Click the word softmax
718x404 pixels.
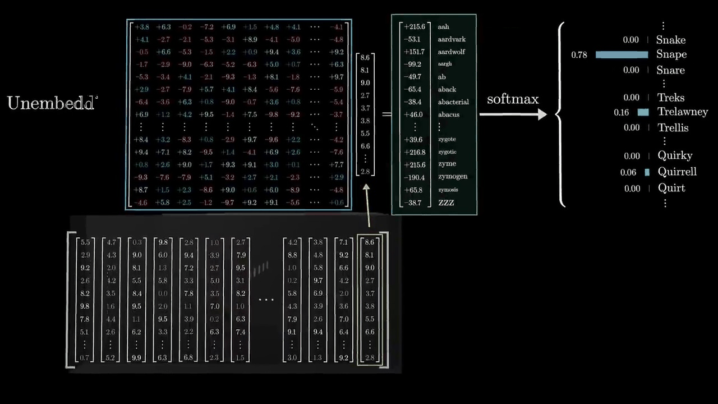click(x=513, y=99)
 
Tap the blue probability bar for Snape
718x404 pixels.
click(x=622, y=54)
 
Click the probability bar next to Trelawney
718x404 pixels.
click(x=643, y=112)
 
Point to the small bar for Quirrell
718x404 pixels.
click(x=647, y=172)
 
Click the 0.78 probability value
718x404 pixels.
click(x=579, y=55)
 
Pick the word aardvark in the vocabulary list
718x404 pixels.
click(x=452, y=39)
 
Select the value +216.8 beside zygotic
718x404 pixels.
click(x=415, y=152)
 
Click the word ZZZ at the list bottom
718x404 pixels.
click(x=446, y=203)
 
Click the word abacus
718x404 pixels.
click(x=449, y=114)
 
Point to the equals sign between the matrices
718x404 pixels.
click(x=386, y=114)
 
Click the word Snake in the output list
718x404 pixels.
click(x=670, y=40)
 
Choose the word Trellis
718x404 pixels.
click(x=673, y=128)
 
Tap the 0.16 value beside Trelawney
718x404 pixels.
click(x=621, y=112)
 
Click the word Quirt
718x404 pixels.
click(x=671, y=189)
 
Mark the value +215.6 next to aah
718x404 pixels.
click(x=415, y=27)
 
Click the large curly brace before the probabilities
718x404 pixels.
click(x=560, y=114)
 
